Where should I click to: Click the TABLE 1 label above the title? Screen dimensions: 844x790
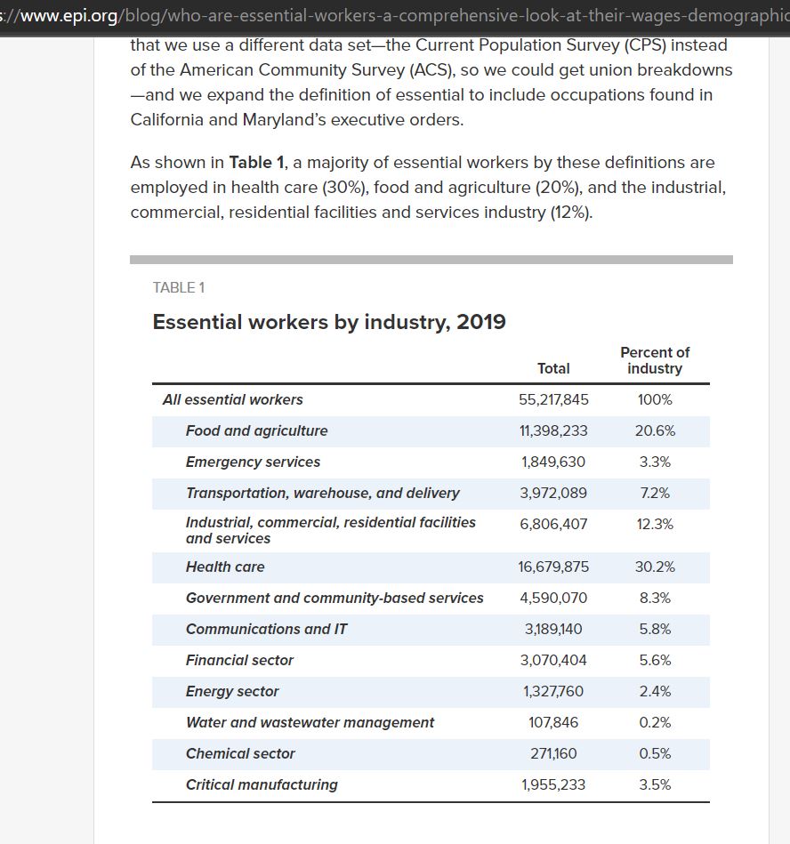[x=179, y=287]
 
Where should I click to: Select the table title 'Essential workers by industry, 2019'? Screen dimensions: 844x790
[x=329, y=322]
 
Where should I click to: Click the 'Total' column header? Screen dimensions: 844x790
[x=553, y=368]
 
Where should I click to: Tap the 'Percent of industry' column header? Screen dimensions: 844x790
[x=655, y=360]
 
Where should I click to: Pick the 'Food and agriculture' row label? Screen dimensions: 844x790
[x=256, y=430]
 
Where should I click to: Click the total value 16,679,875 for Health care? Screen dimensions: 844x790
[x=553, y=567]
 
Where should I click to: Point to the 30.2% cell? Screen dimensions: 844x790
[x=655, y=567]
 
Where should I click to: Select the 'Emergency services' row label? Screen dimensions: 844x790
[x=253, y=462]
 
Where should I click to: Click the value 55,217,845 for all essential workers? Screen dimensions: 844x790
[x=553, y=399]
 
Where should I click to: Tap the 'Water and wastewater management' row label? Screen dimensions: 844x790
[x=310, y=722]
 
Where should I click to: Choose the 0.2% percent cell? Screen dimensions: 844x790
[x=655, y=722]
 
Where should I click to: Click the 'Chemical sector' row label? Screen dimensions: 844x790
[x=240, y=753]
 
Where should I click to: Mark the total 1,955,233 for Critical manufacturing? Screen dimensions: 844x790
[x=553, y=784]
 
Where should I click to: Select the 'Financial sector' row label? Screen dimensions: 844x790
[x=239, y=660]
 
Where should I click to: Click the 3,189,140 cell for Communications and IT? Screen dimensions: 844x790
[x=553, y=629]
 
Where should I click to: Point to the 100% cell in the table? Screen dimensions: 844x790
[x=655, y=399]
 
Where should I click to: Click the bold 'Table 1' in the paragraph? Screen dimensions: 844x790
[x=256, y=163]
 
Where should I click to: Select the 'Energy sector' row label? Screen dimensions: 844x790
[x=232, y=691]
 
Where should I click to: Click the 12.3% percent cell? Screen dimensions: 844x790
[x=655, y=524]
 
